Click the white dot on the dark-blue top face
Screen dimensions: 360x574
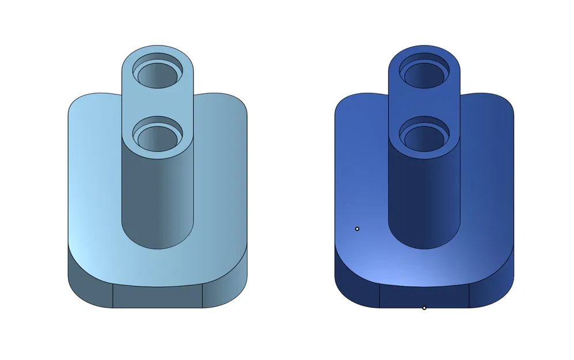tap(357, 229)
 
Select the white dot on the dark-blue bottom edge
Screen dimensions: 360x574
tap(424, 308)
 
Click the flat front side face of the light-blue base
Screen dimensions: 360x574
tap(157, 297)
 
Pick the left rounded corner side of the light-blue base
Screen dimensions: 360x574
tap(89, 285)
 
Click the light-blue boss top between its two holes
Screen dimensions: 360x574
tap(157, 104)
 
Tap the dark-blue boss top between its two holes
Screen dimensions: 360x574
tap(424, 104)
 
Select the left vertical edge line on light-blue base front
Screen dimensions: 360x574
tap(112, 296)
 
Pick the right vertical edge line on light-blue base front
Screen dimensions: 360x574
tap(203, 296)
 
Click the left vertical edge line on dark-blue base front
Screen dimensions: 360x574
tap(379, 296)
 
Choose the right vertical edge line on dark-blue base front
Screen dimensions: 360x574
tap(470, 296)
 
